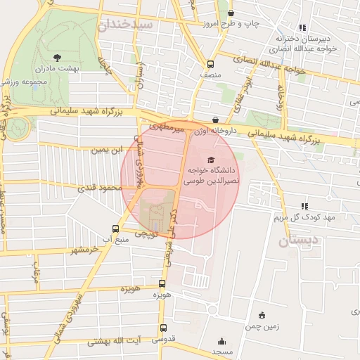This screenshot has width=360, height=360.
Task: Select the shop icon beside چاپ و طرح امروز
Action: (x=231, y=13)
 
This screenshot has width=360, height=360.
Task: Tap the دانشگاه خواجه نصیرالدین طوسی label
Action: (x=212, y=175)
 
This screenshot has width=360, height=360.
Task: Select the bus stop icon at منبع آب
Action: (x=115, y=229)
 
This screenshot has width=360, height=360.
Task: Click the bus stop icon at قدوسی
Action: (x=163, y=328)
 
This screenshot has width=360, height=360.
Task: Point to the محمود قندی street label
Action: (x=96, y=188)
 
